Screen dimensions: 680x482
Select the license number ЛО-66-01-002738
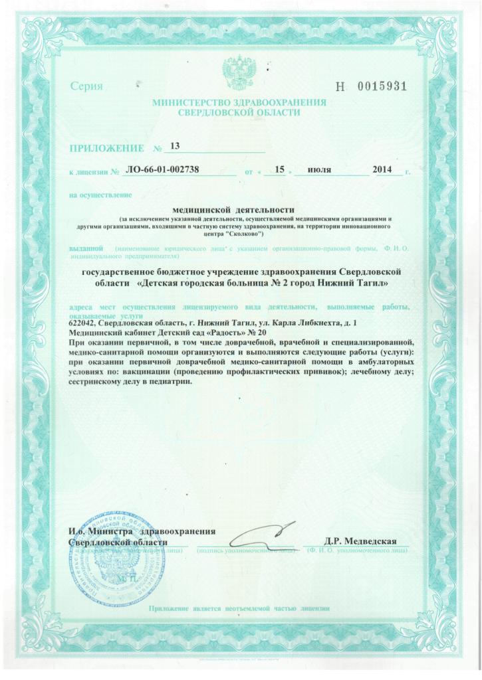162,170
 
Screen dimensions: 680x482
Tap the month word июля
320,170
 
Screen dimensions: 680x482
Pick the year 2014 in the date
384,170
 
